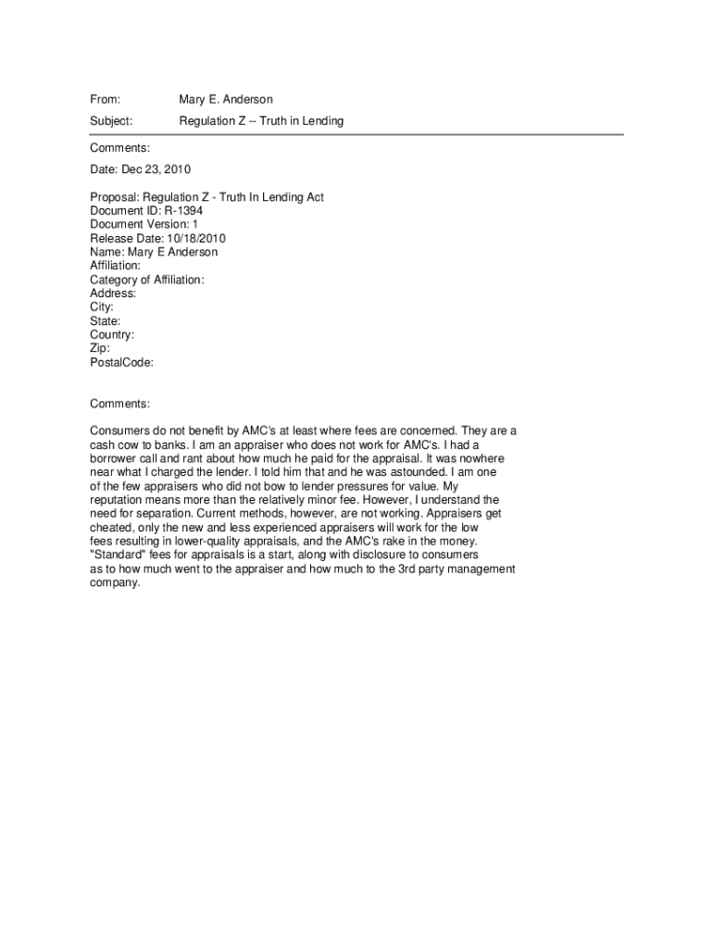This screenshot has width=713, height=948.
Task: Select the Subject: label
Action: coord(111,121)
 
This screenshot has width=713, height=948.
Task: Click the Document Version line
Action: coord(144,225)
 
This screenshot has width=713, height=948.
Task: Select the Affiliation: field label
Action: coord(115,266)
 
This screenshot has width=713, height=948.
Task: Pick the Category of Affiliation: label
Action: coord(147,280)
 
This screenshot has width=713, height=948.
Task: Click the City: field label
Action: coord(102,307)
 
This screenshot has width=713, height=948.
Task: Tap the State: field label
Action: coord(105,321)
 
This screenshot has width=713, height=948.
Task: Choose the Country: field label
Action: coord(112,335)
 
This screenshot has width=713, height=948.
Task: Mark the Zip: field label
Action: coord(100,348)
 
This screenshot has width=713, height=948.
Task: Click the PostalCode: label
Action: coord(121,362)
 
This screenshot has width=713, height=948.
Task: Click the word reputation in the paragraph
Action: coord(119,500)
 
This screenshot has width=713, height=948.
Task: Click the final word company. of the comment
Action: coord(115,583)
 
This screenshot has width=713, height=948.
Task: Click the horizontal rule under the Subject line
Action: coord(356,135)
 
